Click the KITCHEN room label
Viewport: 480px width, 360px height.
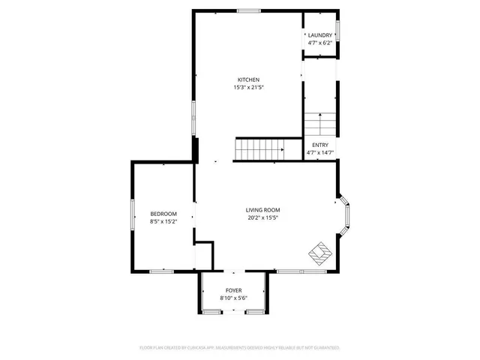(x=248, y=79)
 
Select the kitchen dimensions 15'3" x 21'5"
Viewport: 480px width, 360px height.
(x=248, y=87)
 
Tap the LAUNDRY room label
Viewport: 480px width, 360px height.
(x=319, y=36)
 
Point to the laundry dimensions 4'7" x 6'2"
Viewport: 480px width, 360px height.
(x=319, y=43)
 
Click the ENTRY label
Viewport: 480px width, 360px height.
(x=319, y=145)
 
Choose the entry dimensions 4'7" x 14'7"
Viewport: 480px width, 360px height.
(x=319, y=152)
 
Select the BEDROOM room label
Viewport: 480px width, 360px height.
(x=163, y=214)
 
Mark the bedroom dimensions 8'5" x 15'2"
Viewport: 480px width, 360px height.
(x=163, y=221)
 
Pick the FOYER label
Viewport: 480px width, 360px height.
(x=234, y=290)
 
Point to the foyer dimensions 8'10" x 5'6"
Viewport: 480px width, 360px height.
(x=234, y=298)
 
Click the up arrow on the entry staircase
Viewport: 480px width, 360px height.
(x=320, y=117)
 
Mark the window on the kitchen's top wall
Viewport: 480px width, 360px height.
(x=249, y=10)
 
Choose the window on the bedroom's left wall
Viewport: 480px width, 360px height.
(x=133, y=218)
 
